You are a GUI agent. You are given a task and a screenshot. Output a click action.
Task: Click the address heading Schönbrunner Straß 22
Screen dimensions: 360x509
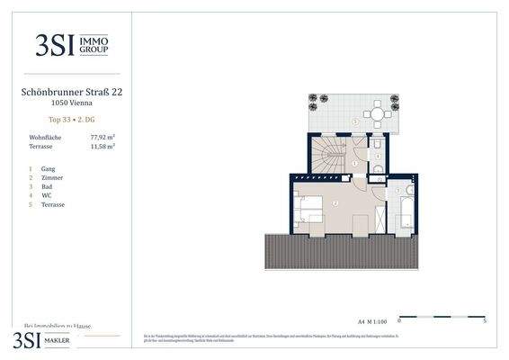[71, 92]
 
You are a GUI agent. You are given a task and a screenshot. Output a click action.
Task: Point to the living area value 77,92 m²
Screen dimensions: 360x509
[103, 137]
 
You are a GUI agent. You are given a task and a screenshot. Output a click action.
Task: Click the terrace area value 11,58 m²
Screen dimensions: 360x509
[103, 145]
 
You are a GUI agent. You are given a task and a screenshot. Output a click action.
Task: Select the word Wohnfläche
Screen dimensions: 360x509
[46, 137]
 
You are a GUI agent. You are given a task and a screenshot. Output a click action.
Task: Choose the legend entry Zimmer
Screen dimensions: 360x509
[50, 178]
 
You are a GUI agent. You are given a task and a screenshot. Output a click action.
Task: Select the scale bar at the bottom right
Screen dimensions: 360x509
[442, 317]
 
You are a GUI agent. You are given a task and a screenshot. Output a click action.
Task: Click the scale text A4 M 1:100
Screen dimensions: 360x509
[372, 319]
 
